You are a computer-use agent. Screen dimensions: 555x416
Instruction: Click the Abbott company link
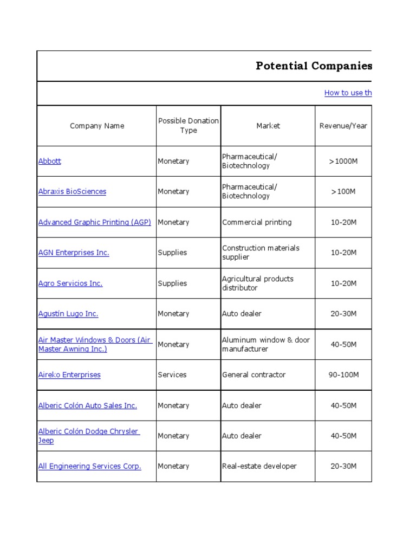click(50, 161)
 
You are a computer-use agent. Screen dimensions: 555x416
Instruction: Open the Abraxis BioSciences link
click(72, 191)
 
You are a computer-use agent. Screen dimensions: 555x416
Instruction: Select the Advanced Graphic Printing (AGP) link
click(94, 222)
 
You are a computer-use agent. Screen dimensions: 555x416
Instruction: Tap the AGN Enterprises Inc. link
click(74, 253)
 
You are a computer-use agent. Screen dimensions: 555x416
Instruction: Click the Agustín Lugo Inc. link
click(68, 314)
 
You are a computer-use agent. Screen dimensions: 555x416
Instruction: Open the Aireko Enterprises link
click(69, 375)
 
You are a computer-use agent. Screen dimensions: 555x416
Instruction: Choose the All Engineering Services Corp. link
click(89, 466)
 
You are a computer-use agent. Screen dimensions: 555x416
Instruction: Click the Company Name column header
click(97, 126)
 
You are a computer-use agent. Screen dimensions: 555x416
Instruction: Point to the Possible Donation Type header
click(188, 126)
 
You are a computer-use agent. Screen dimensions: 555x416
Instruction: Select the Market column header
click(268, 126)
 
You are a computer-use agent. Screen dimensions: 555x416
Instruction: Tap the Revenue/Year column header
click(343, 126)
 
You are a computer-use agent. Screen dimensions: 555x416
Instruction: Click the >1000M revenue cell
click(343, 161)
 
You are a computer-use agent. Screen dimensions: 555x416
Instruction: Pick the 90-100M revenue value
click(343, 375)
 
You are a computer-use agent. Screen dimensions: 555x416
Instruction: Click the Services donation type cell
click(172, 375)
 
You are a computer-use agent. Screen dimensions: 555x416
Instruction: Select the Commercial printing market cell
click(257, 222)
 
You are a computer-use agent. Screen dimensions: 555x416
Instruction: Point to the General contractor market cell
click(253, 375)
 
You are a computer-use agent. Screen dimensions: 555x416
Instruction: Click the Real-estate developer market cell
click(259, 466)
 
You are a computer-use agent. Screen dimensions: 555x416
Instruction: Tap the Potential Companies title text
click(314, 66)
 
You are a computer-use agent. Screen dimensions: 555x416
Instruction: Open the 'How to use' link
click(348, 93)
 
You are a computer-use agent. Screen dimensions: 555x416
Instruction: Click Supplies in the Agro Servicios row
click(172, 283)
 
